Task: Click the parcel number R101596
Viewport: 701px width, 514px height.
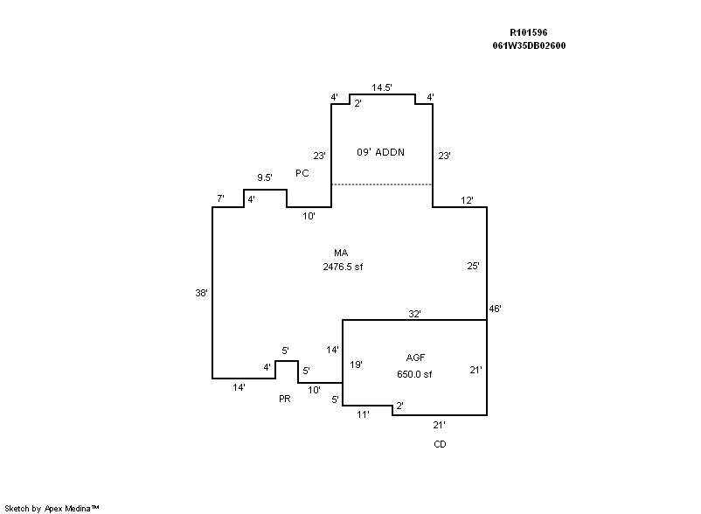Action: pos(529,31)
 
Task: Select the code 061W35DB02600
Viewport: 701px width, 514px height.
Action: pos(529,45)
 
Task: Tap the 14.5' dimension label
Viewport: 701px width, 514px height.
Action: pos(381,87)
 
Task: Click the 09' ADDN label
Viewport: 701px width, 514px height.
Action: pos(380,152)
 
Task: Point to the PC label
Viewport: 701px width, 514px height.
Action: pos(302,173)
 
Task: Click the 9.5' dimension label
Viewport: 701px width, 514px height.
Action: pos(265,177)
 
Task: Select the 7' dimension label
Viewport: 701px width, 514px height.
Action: pos(221,199)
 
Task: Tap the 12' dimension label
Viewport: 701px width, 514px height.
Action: pos(468,200)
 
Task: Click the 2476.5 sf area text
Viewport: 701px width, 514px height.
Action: pos(343,267)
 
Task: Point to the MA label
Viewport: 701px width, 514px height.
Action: pos(341,254)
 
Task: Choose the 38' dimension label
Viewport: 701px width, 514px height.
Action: pos(202,293)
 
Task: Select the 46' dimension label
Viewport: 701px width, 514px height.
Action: pos(496,309)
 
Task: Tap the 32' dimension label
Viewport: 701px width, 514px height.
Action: pos(415,313)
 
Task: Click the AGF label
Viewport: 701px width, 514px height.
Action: pos(415,358)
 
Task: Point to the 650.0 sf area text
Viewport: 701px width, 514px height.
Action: pos(414,374)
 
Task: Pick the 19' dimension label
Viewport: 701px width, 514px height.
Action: pos(356,364)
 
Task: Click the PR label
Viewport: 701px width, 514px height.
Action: pos(284,399)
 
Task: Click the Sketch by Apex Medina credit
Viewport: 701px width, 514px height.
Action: pos(52,507)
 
